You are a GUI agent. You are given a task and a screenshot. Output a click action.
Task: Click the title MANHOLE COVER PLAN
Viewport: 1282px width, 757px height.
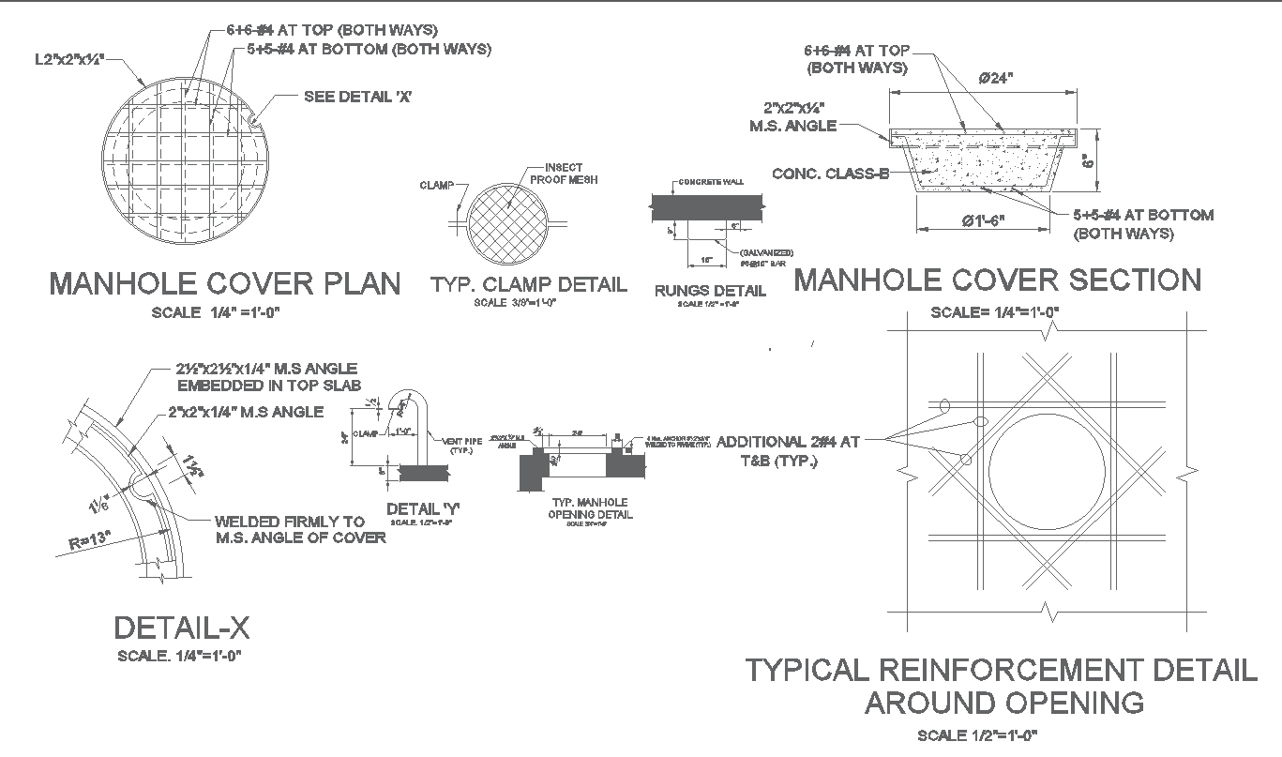click(x=225, y=283)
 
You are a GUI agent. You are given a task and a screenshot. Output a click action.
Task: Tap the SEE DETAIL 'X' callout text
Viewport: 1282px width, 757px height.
click(x=358, y=97)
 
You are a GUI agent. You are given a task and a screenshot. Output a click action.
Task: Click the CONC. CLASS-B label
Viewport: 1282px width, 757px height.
click(x=830, y=174)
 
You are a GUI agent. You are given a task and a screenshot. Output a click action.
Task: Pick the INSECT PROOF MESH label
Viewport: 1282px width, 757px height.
click(x=564, y=174)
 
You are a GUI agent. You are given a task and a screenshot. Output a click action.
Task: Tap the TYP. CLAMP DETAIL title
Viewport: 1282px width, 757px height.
click(x=528, y=284)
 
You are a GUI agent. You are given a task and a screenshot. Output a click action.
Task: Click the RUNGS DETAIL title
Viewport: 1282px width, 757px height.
click(x=710, y=291)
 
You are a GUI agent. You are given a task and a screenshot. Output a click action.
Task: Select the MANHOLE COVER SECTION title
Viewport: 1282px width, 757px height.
click(x=998, y=280)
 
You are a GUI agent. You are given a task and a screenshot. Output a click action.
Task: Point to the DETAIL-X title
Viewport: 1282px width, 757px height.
click(x=181, y=628)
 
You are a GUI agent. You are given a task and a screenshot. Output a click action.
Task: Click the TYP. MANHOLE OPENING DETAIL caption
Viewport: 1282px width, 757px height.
click(x=592, y=508)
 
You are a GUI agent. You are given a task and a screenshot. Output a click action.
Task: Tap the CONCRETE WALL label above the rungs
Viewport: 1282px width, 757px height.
click(x=711, y=181)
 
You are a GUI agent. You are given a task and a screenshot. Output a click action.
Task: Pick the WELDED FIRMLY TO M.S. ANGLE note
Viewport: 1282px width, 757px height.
click(x=300, y=529)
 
